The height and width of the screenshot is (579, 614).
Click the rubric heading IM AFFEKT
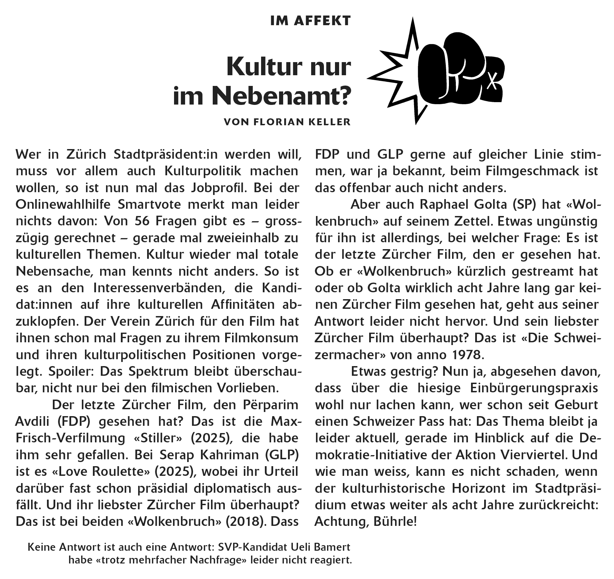tap(310, 21)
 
